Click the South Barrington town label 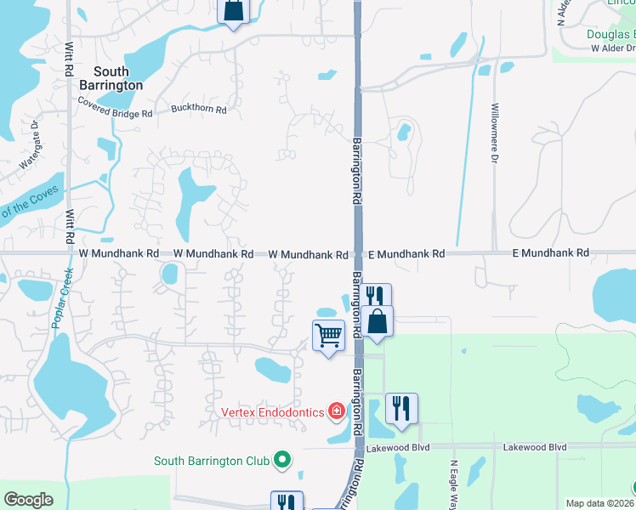click(117, 79)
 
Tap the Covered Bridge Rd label click(115, 107)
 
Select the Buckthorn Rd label click(198, 109)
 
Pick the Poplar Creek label click(60, 297)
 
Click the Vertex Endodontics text click(272, 412)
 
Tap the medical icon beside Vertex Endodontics click(337, 412)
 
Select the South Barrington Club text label click(212, 462)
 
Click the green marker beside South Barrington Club click(283, 462)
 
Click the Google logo click(28, 500)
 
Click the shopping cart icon click(328, 335)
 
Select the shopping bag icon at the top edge click(233, 10)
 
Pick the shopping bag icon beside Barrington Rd click(376, 320)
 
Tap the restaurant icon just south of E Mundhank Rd click(375, 296)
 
